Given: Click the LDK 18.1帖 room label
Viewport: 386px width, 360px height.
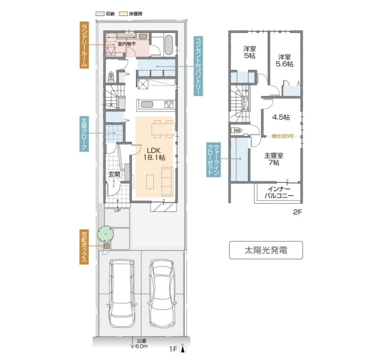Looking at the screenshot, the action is [154, 154].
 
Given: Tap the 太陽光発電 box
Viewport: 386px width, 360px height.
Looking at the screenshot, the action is [266, 250].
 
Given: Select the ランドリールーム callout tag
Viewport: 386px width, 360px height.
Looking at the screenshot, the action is [84, 45].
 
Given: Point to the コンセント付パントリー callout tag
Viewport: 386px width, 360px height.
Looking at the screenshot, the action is [198, 66].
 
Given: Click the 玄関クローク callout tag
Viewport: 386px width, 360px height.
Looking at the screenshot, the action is [84, 134].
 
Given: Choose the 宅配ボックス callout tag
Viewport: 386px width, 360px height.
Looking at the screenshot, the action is [84, 247].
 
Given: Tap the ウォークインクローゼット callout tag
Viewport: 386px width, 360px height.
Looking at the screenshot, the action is [213, 160].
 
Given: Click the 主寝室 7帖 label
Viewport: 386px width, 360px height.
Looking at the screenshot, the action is [274, 159].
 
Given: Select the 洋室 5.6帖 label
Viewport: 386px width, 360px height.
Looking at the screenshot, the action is [284, 61].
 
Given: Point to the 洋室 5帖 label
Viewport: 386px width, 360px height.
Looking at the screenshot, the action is [250, 52].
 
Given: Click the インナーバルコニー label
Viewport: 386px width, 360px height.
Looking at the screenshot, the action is [279, 192].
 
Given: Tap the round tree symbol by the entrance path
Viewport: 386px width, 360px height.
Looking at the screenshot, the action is [106, 234].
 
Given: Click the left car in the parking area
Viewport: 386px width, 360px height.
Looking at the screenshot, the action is [122, 293].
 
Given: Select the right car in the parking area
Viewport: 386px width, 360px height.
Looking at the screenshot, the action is [162, 293].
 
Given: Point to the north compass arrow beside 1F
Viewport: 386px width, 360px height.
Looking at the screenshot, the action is [182, 348].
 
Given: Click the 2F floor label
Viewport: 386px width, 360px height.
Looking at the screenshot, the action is [297, 212].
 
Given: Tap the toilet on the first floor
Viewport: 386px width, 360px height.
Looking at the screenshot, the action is [111, 77].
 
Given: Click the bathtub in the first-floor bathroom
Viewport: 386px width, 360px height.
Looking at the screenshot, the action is [169, 45].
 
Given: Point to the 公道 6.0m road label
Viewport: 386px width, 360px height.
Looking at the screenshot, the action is [141, 344].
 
